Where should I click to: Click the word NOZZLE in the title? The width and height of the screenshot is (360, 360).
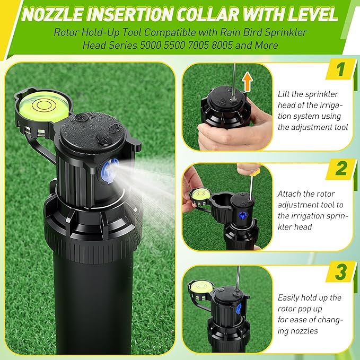pyautogui.click(x=52, y=14)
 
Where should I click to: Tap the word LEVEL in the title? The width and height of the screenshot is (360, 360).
pyautogui.click(x=313, y=14)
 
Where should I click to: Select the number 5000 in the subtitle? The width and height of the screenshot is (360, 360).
pyautogui.click(x=151, y=45)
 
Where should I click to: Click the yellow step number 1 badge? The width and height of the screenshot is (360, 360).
pyautogui.click(x=341, y=69)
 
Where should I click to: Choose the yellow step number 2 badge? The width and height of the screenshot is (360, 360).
pyautogui.click(x=341, y=169)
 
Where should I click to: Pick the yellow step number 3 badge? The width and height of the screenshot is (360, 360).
pyautogui.click(x=341, y=271)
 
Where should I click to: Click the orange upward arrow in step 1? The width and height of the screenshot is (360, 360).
pyautogui.click(x=247, y=81)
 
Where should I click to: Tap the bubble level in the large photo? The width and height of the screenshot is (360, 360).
pyautogui.click(x=43, y=106)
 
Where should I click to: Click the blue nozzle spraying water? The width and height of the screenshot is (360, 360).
pyautogui.click(x=110, y=171)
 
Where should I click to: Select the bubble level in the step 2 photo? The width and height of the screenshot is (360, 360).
pyautogui.click(x=201, y=195)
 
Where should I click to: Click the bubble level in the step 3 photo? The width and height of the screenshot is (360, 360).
pyautogui.click(x=201, y=287)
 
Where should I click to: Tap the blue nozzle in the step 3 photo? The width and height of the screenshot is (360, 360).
pyautogui.click(x=239, y=309)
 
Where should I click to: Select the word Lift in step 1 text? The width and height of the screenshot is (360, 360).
pyautogui.click(x=284, y=94)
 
